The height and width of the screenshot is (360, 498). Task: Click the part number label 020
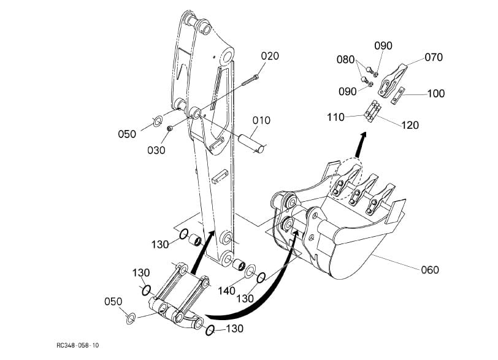click(270, 56)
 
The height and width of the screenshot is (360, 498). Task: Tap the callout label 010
click(261, 120)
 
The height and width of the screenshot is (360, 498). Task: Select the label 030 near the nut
click(156, 150)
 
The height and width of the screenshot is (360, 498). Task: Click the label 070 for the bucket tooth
click(433, 58)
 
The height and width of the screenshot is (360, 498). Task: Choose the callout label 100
click(436, 94)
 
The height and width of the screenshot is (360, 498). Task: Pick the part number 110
click(335, 115)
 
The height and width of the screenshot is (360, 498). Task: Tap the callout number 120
click(410, 125)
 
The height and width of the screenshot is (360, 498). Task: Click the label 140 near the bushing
click(226, 291)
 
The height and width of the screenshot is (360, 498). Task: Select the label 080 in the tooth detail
click(345, 59)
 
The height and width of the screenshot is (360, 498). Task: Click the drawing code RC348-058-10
click(78, 346)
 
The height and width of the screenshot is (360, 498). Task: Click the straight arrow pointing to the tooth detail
click(358, 147)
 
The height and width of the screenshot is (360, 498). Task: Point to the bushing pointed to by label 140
click(239, 266)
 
